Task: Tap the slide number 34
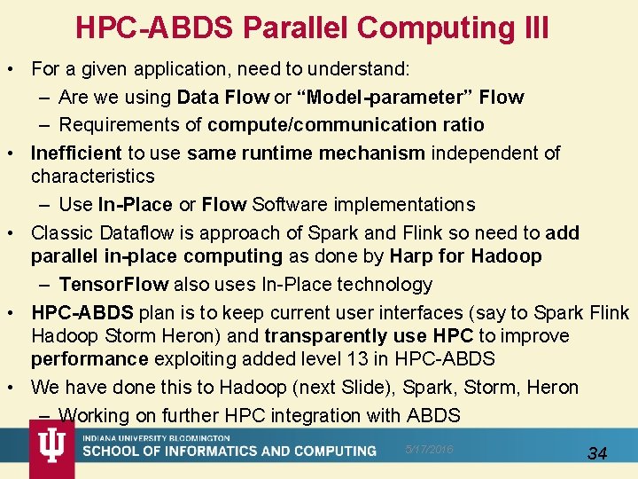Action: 598,453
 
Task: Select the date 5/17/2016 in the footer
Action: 430,450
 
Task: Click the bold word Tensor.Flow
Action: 113,285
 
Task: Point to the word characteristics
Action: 93,177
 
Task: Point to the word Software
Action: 288,205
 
